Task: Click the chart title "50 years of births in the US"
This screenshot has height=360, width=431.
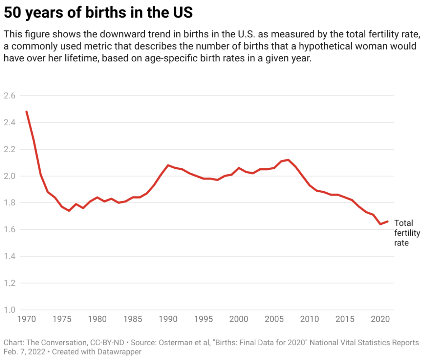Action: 98,13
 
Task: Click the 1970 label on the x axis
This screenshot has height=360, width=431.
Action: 27,319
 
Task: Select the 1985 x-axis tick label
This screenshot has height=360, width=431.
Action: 133,319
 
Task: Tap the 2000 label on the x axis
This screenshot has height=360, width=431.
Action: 239,319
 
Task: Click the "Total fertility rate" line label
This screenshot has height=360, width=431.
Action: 407,233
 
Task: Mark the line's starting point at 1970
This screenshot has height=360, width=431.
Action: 27,112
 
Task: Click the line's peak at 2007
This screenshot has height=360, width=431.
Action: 288,160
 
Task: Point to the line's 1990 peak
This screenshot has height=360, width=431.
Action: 168,165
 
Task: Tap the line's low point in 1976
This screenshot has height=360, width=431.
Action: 69,211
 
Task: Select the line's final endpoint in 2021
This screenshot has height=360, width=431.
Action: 388,221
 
